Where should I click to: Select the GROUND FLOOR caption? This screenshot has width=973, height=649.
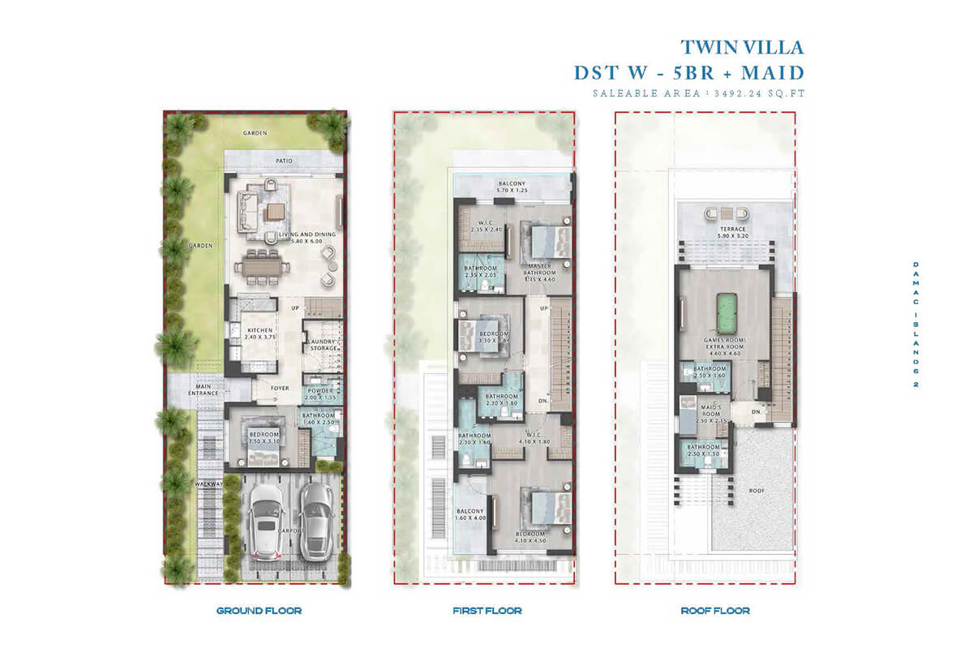(259, 610)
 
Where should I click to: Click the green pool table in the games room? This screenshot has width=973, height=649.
(720, 309)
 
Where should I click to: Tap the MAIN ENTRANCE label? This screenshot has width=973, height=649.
(203, 390)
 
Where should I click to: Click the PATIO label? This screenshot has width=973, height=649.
(283, 161)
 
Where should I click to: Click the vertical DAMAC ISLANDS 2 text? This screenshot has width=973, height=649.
(915, 325)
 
